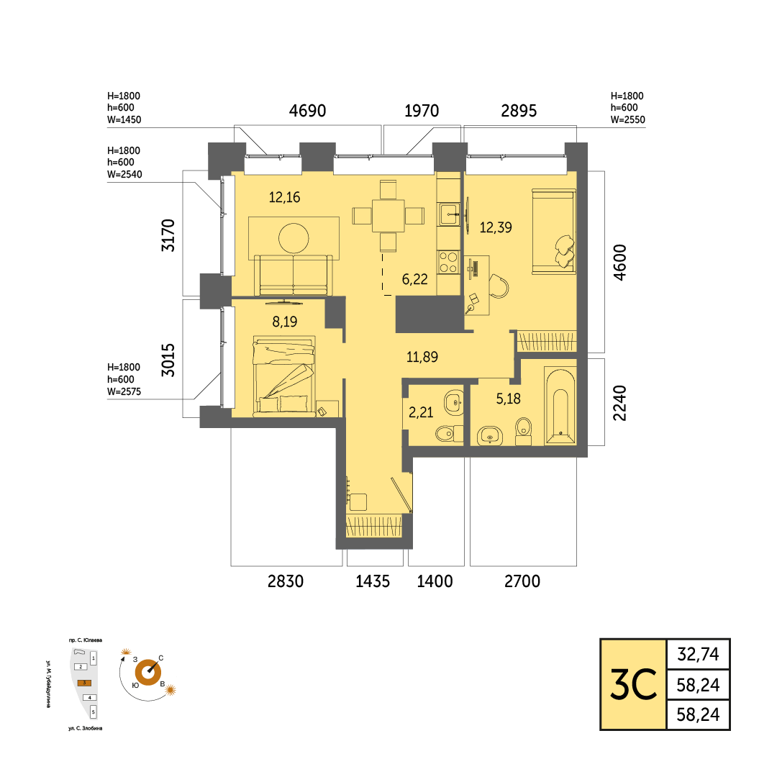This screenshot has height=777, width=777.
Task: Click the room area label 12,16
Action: coord(284,197)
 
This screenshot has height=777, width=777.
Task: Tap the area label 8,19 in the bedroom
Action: coord(284,322)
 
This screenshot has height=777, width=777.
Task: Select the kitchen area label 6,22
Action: coord(415,279)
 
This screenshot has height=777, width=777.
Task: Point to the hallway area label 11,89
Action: coord(422,357)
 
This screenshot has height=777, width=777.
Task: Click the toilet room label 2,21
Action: coord(421,412)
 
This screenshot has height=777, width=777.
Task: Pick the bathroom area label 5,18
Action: coord(509,399)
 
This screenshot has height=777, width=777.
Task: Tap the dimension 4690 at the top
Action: coord(307,111)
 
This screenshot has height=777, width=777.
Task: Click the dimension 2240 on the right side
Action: coord(620,403)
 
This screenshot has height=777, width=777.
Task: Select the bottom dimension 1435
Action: coord(373,581)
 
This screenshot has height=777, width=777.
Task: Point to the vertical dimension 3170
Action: coord(168,235)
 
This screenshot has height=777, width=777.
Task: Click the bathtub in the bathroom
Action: coord(560,406)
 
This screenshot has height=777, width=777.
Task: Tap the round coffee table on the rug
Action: coord(294,238)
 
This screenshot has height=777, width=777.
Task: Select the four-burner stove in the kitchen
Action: coord(448,262)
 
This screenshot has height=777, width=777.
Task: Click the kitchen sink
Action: coord(449,214)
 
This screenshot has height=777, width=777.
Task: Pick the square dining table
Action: coord(388,216)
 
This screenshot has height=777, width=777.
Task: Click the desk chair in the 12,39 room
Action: coord(499,286)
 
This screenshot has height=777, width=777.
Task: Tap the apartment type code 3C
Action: coord(633,684)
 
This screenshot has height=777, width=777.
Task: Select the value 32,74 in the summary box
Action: coord(698,655)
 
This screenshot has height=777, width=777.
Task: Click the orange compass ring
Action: coord(148,673)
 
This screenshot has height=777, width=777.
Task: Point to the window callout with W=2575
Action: coord(124,379)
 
